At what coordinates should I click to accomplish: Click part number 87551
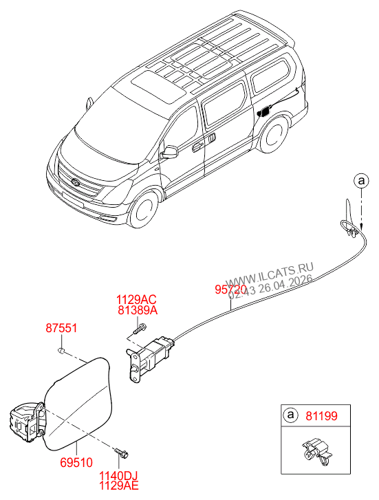pyautogui.click(x=61, y=329)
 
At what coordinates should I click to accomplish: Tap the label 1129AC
pyautogui.click(x=136, y=300)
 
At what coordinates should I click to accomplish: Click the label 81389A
pyautogui.click(x=136, y=311)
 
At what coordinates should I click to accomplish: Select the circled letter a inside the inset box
pyautogui.click(x=291, y=416)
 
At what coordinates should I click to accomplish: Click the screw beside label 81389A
pyautogui.click(x=136, y=331)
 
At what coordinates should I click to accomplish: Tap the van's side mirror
pyautogui.click(x=169, y=151)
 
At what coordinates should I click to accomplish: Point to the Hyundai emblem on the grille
pyautogui.click(x=75, y=182)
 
